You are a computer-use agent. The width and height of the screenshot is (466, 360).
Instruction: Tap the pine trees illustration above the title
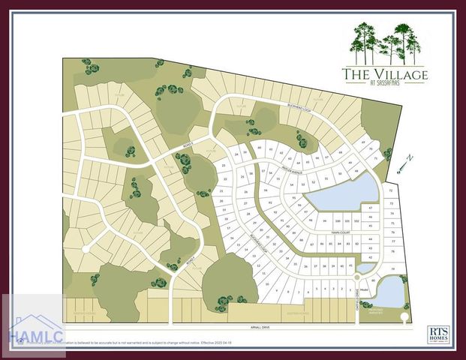pos(384,43)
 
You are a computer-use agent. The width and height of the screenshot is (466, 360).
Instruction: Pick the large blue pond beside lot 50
pos(341,194)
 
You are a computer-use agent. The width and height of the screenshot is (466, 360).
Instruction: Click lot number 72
pos(392,191)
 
